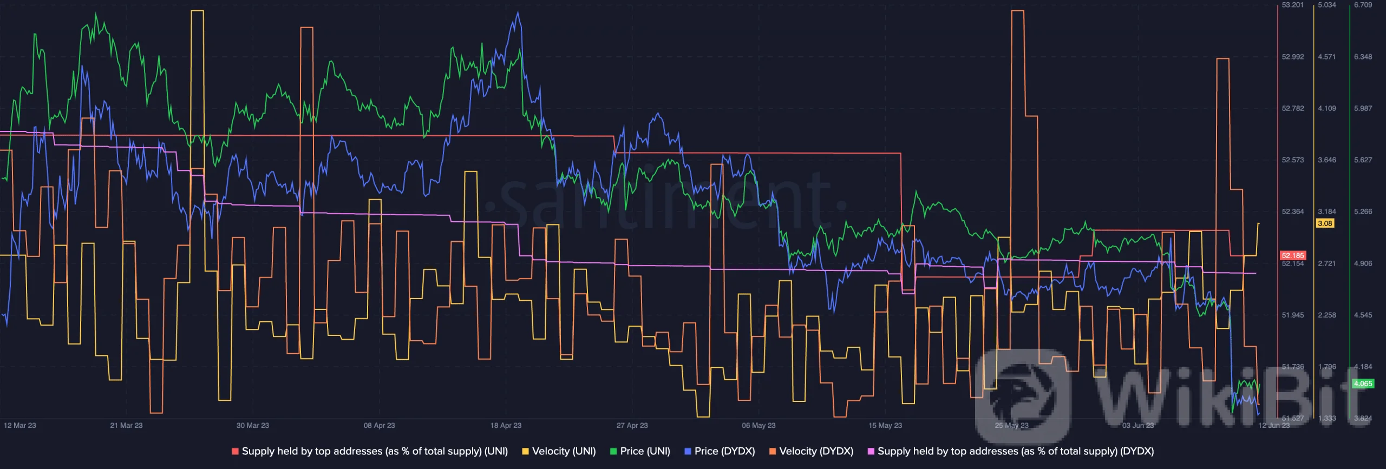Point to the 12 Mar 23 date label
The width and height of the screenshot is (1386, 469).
[20, 425]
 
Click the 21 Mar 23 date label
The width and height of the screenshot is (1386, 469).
[126, 425]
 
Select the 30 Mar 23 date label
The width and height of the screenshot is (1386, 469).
[253, 425]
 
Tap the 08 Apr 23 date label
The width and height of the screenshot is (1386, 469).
[379, 425]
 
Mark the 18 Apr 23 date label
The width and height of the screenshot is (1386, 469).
[506, 425]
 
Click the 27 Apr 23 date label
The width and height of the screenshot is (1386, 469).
[632, 425]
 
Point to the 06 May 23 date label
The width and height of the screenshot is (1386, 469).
[759, 425]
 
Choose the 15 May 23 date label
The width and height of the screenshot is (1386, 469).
[885, 425]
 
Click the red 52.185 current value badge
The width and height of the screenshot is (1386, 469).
[1293, 255]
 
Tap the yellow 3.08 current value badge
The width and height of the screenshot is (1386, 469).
[1325, 223]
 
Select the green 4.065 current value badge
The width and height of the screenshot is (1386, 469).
[1363, 384]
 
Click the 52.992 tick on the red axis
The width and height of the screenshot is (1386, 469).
[1293, 57]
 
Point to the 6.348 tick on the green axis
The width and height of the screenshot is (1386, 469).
[1363, 57]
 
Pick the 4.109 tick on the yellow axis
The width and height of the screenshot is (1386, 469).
[1327, 108]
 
